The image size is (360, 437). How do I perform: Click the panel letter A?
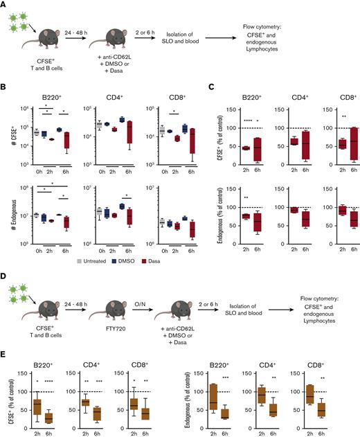click(x=5, y=4)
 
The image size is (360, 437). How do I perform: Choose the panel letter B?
click(x=5, y=91)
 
